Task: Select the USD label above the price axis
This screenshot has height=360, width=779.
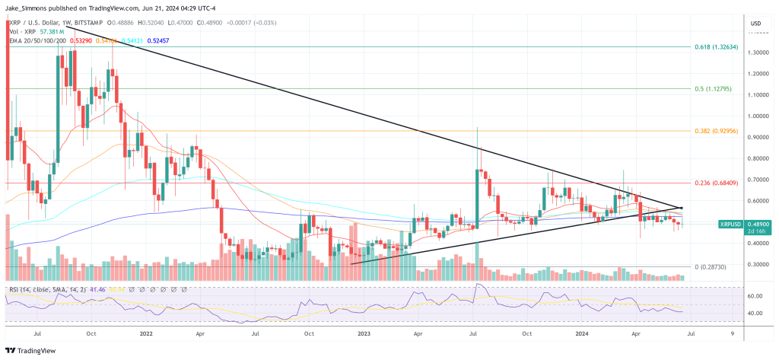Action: (x=755, y=24)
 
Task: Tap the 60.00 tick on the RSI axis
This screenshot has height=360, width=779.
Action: (x=755, y=295)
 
